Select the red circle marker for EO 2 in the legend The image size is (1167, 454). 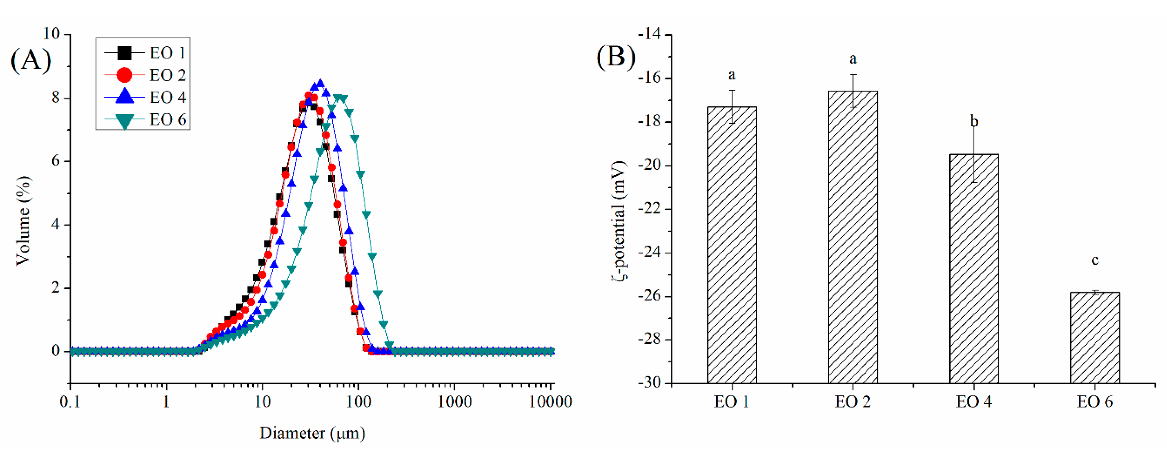[x=124, y=75]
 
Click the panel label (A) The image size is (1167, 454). [x=31, y=59]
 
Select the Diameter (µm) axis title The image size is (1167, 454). [x=312, y=434]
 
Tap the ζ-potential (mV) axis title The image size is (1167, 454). [x=618, y=221]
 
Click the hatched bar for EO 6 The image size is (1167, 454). [x=1095, y=338]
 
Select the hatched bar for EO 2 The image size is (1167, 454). [x=853, y=237]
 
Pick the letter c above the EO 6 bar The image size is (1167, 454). [x=1095, y=261]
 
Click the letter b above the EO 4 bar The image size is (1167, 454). [x=973, y=122]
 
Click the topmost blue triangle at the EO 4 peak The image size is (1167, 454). [x=320, y=84]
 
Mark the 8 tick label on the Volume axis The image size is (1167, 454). [x=56, y=98]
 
